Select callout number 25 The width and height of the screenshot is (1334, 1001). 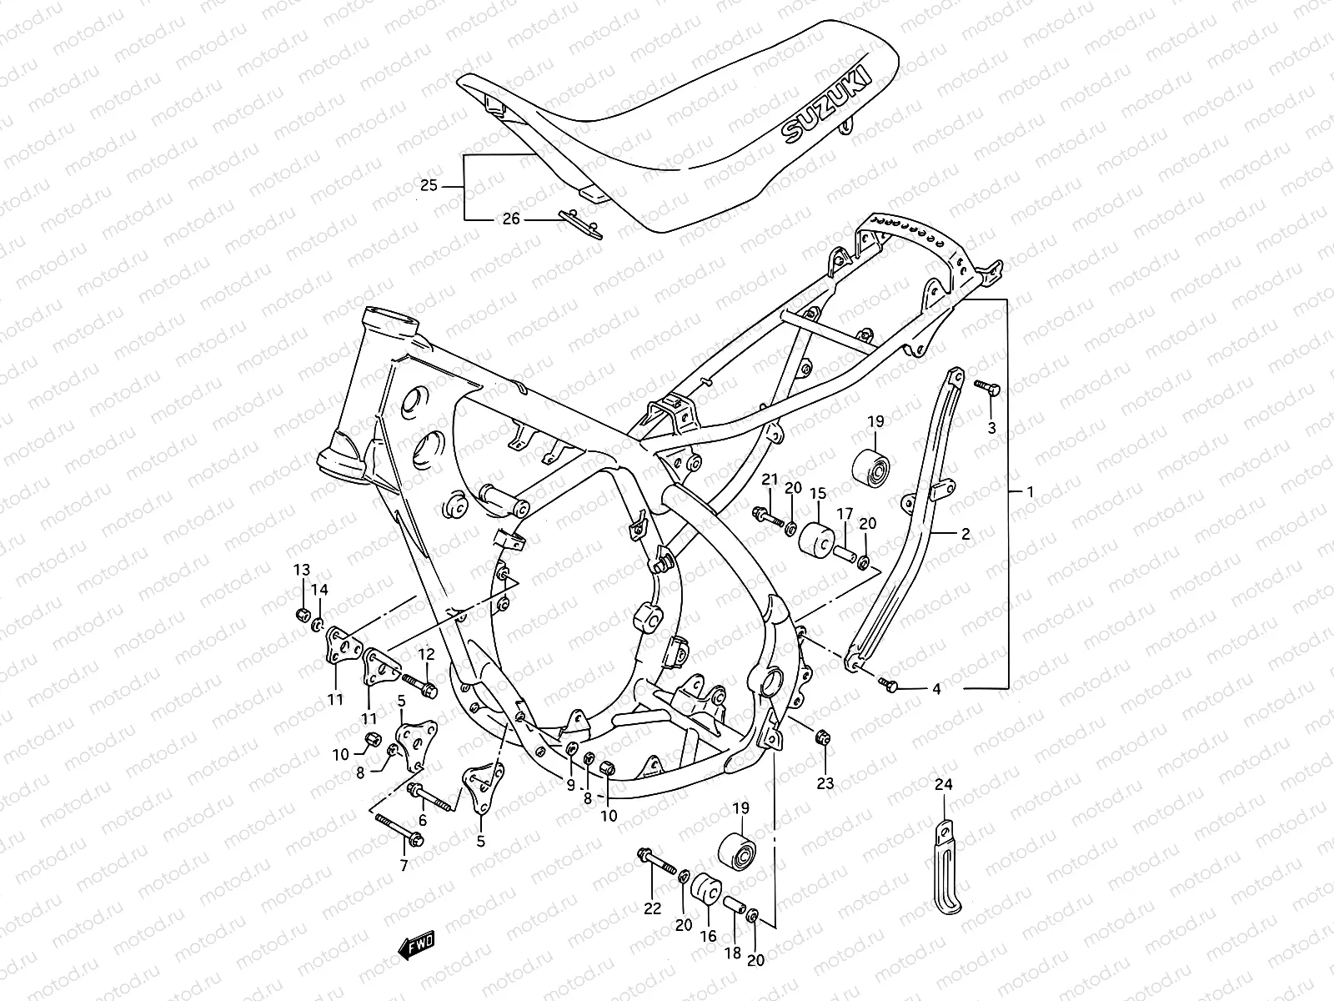452,185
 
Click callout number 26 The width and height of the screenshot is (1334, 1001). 510,219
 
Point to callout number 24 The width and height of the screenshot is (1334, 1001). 943,783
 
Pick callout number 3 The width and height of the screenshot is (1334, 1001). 991,428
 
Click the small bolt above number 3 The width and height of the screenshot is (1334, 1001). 985,386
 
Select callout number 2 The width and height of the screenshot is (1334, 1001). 965,534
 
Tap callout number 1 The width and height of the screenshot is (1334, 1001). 1029,492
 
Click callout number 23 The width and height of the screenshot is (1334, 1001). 825,783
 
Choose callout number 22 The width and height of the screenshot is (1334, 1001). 652,908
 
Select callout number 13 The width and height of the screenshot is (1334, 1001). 301,570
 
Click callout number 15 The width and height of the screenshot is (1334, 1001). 817,494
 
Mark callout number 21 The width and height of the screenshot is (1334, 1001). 770,479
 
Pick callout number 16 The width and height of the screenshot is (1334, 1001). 708,936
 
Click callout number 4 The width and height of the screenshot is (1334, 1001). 936,689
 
